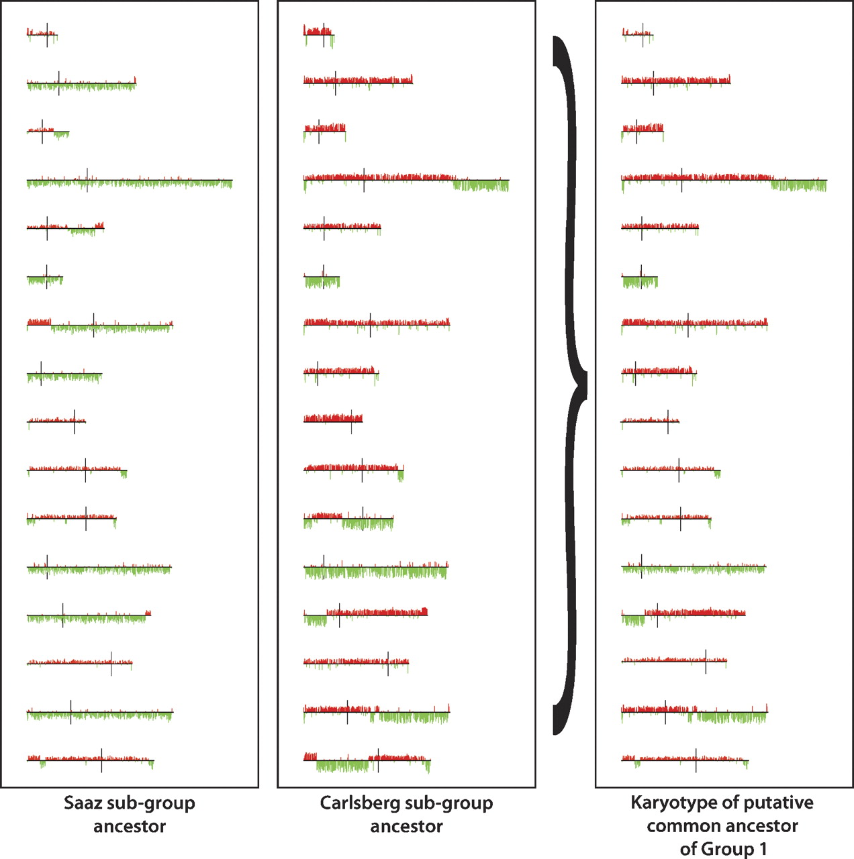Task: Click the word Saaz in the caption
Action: click(x=82, y=803)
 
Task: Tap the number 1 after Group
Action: click(x=762, y=849)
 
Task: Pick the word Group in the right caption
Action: click(x=728, y=849)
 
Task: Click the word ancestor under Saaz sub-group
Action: click(x=130, y=826)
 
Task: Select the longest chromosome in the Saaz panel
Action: click(x=130, y=181)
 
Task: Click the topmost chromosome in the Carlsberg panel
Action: click(x=318, y=34)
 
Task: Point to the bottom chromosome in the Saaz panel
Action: click(x=91, y=760)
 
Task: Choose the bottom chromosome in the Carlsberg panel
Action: click(x=367, y=760)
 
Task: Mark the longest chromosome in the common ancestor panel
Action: click(x=724, y=180)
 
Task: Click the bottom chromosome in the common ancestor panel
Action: click(x=685, y=760)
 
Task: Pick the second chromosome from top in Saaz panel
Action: click(x=81, y=84)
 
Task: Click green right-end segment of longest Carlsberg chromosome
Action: click(x=481, y=185)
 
